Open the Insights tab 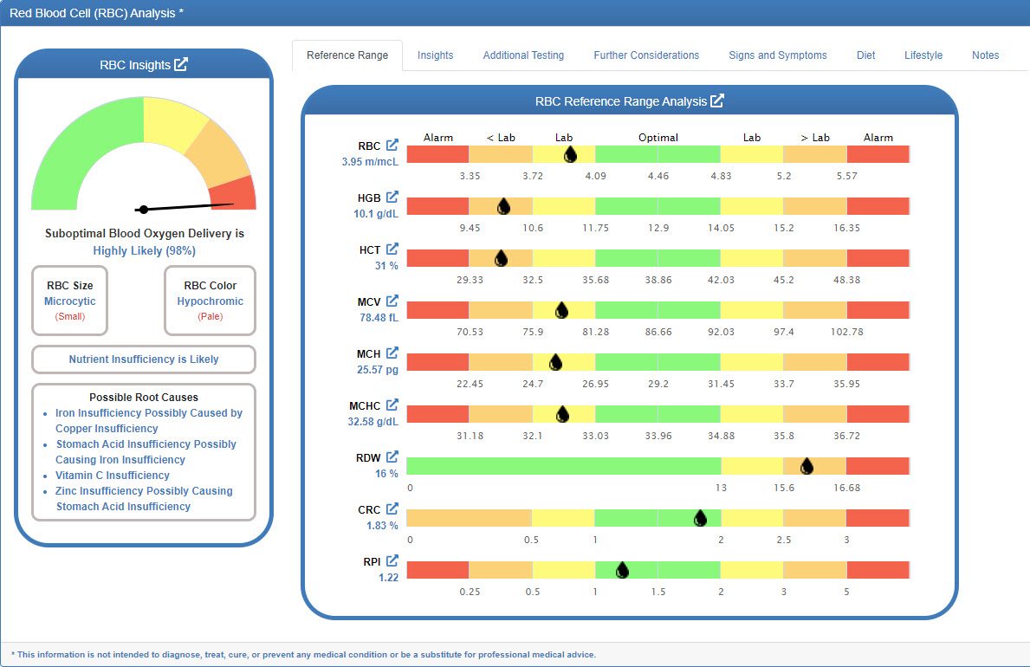coord(435,55)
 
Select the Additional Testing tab coord(523,55)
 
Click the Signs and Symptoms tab coord(777,55)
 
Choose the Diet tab coord(865,55)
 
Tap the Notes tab coord(985,55)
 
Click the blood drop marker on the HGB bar coord(503,206)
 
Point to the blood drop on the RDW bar coord(807,466)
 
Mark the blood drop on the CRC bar coord(700,518)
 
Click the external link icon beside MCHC coord(392,405)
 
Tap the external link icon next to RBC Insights coord(181,65)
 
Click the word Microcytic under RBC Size coord(70,301)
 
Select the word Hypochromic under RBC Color coord(211,301)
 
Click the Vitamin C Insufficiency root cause coord(112,476)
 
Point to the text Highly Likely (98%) coord(144,250)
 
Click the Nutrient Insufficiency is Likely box coord(144,359)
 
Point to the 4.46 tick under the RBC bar coord(658,176)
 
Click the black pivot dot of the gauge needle coord(144,209)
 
